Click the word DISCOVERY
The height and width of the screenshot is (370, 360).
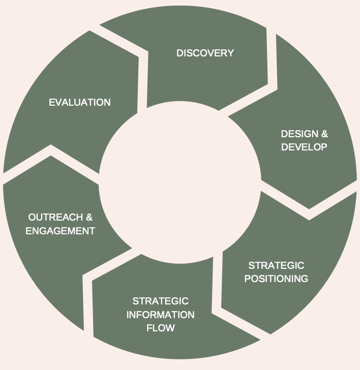pos(205,53)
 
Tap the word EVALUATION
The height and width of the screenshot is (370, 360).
pos(79,102)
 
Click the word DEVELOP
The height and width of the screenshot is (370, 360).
pos(304,147)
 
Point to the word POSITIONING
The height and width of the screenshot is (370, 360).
pos(276,279)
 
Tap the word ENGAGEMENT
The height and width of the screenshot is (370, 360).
pos(60,231)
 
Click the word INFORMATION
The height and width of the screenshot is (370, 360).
pos(160,315)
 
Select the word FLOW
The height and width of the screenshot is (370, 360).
pos(160,328)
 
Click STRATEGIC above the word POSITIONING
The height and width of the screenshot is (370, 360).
pos(276,265)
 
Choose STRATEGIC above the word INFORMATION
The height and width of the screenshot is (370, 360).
pos(160,301)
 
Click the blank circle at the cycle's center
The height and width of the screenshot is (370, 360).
pos(180,186)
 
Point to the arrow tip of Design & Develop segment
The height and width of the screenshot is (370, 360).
pos(309,208)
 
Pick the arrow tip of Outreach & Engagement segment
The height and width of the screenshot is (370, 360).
pos(51,155)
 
